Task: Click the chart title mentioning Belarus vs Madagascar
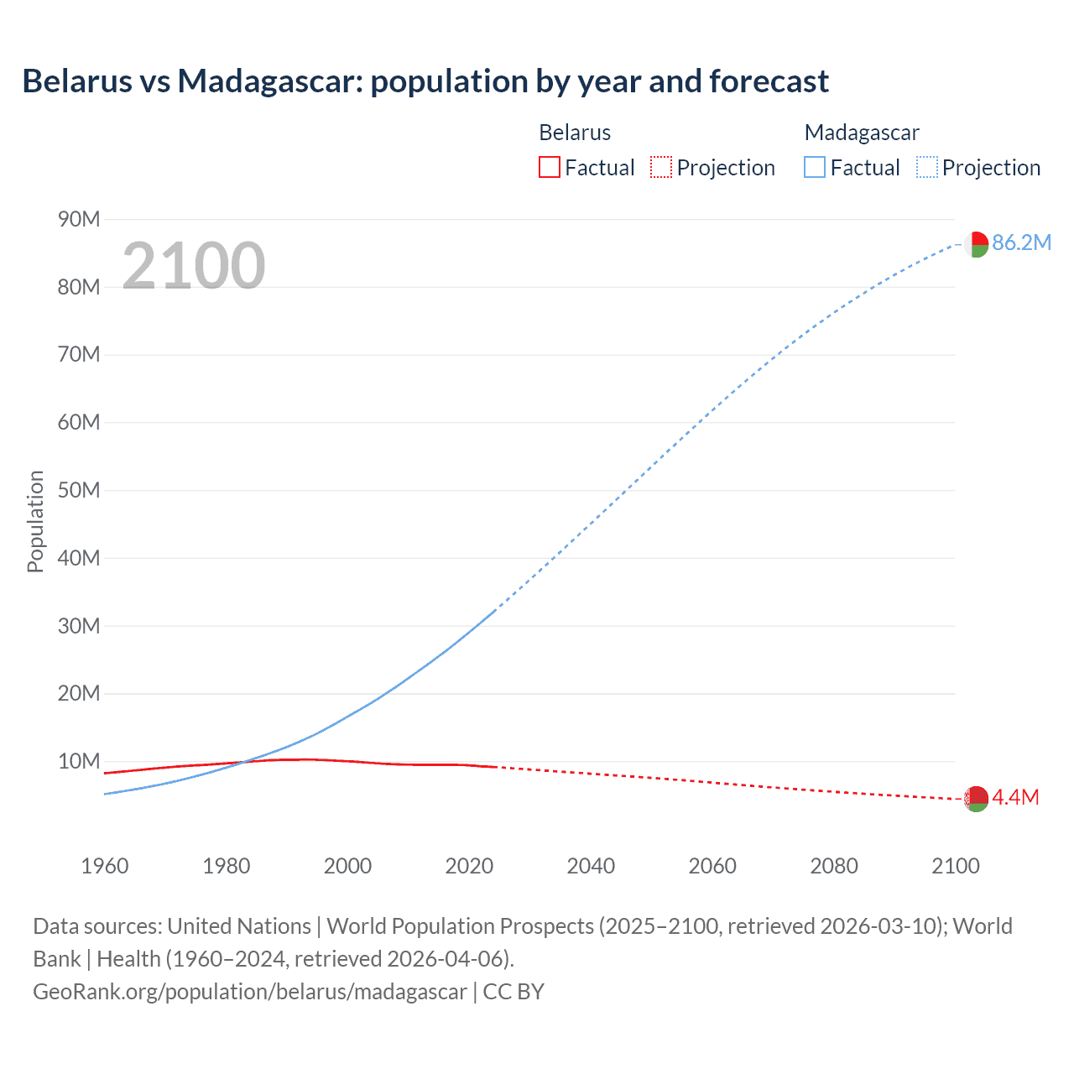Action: tap(425, 81)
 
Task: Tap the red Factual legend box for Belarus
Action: tap(549, 167)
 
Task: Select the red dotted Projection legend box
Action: tap(661, 167)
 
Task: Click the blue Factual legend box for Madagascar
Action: tap(814, 167)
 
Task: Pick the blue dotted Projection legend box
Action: tap(926, 167)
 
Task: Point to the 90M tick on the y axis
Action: tap(79, 220)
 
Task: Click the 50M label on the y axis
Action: tap(79, 490)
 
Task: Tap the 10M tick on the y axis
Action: tap(79, 761)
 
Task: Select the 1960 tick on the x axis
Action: tap(105, 866)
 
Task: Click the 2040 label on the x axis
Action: tap(591, 866)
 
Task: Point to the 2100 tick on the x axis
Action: tap(955, 866)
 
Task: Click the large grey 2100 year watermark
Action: tap(194, 265)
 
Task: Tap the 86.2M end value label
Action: tap(1021, 243)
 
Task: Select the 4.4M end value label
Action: tap(1015, 797)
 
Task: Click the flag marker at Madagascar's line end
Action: tap(975, 244)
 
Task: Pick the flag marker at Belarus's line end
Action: tap(975, 798)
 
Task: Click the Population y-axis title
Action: tap(35, 521)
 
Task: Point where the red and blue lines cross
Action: tap(242, 762)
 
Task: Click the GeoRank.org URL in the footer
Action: tap(249, 992)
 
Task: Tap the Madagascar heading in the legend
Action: tap(861, 133)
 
